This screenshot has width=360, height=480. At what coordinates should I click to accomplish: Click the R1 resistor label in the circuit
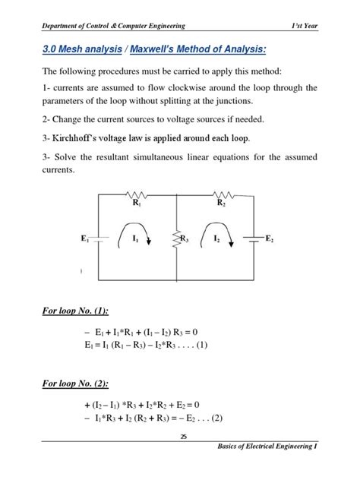click(136, 204)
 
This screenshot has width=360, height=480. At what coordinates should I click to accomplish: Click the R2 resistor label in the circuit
click(221, 204)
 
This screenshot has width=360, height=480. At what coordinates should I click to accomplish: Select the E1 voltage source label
click(85, 238)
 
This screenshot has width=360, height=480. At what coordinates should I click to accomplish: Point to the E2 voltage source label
click(269, 238)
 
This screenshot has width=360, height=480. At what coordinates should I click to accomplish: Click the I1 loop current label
click(134, 238)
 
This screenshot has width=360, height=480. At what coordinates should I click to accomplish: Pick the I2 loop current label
click(216, 238)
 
